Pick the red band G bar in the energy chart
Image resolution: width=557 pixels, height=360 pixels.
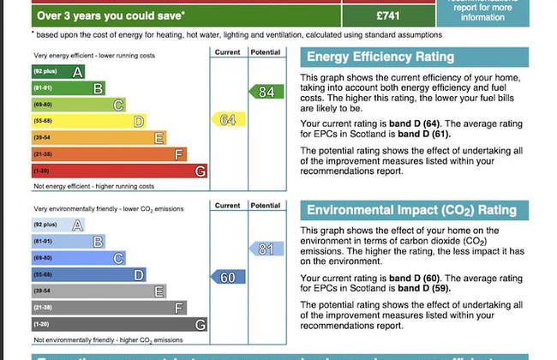click(x=119, y=171)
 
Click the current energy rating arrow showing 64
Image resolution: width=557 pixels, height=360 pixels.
click(x=228, y=120)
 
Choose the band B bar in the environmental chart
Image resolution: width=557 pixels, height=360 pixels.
click(x=68, y=242)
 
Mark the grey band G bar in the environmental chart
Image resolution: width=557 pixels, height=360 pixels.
click(x=119, y=325)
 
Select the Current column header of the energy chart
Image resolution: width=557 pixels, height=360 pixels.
click(x=228, y=52)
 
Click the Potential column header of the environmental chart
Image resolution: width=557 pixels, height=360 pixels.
click(x=265, y=206)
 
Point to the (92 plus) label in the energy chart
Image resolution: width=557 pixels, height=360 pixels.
click(x=45, y=72)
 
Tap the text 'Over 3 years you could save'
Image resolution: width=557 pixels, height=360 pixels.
click(x=111, y=15)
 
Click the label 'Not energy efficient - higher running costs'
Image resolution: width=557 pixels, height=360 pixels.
click(x=93, y=186)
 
